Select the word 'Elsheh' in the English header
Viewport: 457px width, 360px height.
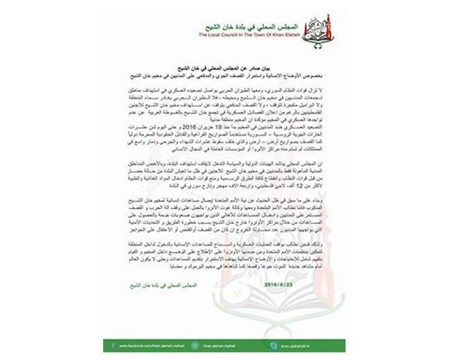click(320, 33)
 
